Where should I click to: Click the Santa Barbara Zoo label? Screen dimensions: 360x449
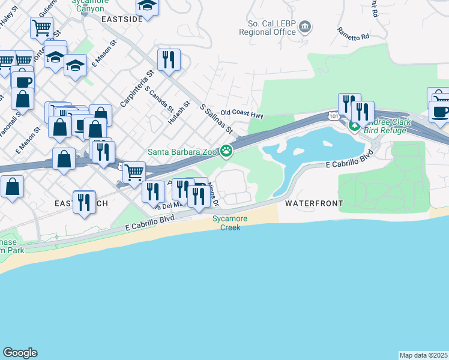click(182, 152)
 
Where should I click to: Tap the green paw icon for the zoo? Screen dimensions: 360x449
click(226, 151)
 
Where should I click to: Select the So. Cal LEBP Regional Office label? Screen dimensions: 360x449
click(273, 28)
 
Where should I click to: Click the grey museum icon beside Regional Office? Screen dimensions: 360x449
click(306, 26)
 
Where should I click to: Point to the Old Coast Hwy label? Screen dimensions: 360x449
click(242, 112)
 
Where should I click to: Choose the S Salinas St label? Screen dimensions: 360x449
click(215, 119)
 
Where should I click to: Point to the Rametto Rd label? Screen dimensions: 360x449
click(352, 34)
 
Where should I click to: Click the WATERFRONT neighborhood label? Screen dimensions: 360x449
click(314, 204)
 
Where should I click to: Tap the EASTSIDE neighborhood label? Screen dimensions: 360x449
click(122, 19)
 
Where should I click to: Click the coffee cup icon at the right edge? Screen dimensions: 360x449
click(439, 112)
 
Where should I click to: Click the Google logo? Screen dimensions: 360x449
click(20, 353)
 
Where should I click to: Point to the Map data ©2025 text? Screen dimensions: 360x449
click(424, 355)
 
